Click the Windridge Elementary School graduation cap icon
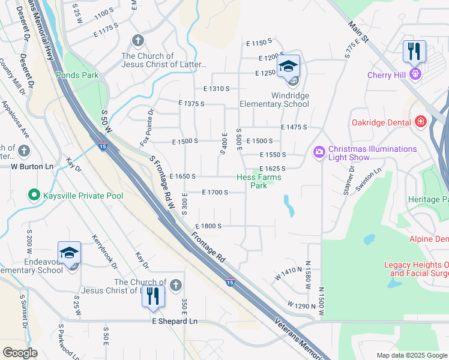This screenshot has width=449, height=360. coord(289,66)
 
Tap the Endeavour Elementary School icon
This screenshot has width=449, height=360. coord(69,253)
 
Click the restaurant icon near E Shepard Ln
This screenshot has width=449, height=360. coord(153,296)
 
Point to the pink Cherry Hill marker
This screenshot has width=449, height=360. coord(415,74)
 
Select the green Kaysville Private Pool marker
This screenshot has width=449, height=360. coord(34,195)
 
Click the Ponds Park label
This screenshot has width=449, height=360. coord(77,76)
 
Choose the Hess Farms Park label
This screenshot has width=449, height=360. coord(259,181)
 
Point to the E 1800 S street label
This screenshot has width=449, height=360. coord(209,226)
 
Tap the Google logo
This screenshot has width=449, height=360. coord(20,352)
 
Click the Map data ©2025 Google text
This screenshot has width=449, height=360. coord(412,355)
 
